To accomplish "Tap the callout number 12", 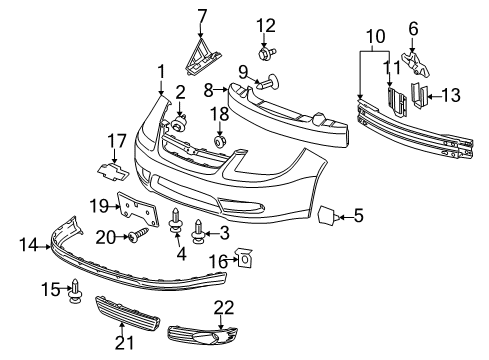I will point(265,25).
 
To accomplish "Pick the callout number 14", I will point(26,243).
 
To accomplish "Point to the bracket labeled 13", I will point(421,97).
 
